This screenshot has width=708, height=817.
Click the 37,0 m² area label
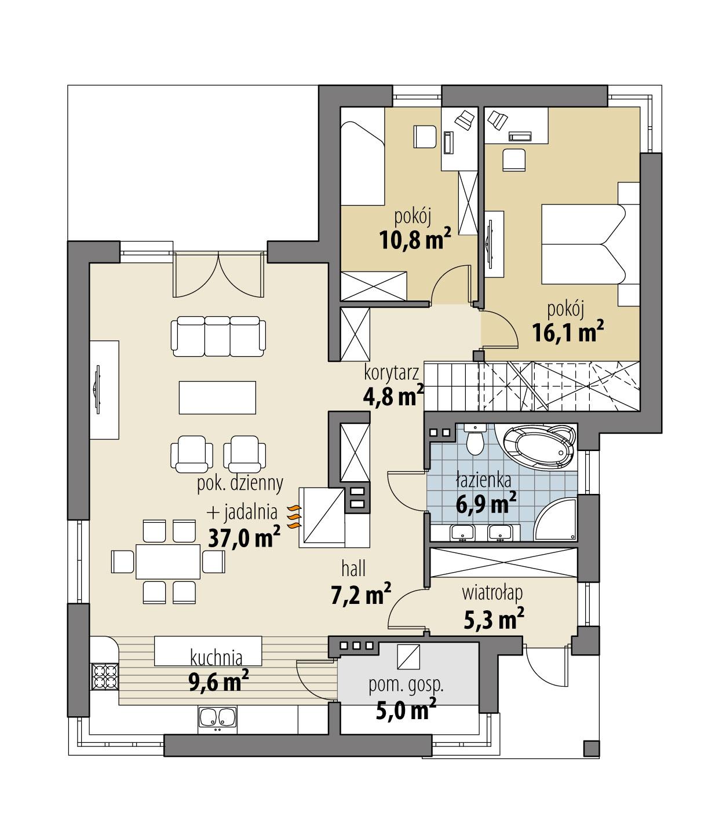(243, 537)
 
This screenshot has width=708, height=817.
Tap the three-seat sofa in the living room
(218, 336)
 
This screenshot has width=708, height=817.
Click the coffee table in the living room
(217, 397)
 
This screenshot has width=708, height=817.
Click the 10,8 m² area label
(414, 239)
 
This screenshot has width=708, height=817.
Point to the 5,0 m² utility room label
(406, 709)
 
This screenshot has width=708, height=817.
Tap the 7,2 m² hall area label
(360, 595)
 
